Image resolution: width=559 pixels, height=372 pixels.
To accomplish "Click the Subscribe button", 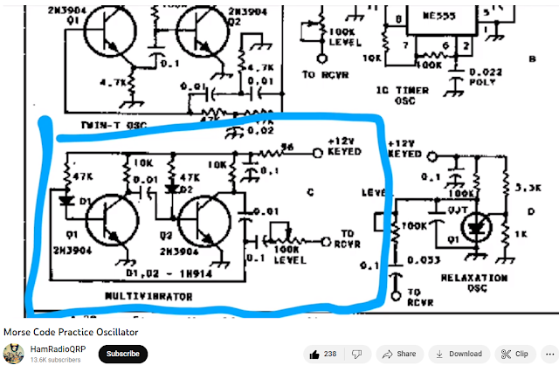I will pyautogui.click(x=122, y=354).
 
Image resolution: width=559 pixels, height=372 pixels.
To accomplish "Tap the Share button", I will pyautogui.click(x=400, y=354).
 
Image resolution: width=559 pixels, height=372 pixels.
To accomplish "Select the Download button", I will pyautogui.click(x=459, y=354).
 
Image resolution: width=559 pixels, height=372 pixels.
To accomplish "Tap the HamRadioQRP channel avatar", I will pyautogui.click(x=14, y=354).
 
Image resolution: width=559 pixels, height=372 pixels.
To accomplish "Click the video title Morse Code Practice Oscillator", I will pyautogui.click(x=71, y=332).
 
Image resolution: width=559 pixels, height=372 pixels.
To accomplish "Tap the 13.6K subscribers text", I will pyautogui.click(x=56, y=360).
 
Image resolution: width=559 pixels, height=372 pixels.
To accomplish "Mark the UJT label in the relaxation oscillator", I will pyautogui.click(x=455, y=210).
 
